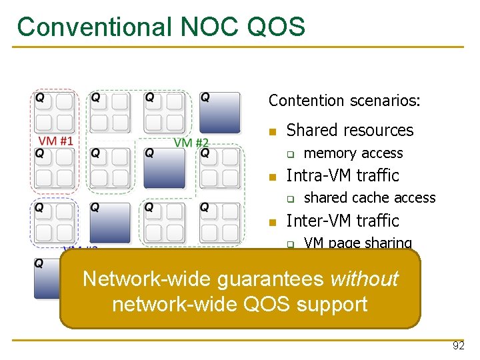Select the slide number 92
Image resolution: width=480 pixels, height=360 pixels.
pos(458,346)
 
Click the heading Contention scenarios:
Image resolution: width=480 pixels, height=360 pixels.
pos(344,101)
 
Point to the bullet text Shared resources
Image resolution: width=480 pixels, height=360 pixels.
pos(349,131)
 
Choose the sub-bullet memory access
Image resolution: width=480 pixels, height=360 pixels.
pos(353,153)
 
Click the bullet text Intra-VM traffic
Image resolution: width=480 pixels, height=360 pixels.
pos(342,176)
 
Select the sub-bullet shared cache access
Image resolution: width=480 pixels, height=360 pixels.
pos(369,198)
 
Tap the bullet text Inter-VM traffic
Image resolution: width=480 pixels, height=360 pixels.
pos(342,221)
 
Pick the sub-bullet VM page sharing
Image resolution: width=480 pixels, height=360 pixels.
pos(357,243)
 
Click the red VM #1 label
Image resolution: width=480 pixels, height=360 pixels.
pos(56,141)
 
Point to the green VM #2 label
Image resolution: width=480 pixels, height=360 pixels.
pos(191,142)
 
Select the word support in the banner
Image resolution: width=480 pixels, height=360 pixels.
pos(332,304)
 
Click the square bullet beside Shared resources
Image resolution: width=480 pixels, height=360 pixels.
pos(271,132)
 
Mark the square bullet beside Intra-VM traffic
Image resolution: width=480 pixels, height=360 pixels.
pos(271,177)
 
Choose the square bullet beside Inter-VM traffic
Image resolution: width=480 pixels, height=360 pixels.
pos(271,222)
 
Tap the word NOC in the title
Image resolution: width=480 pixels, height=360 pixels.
pos(199,27)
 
